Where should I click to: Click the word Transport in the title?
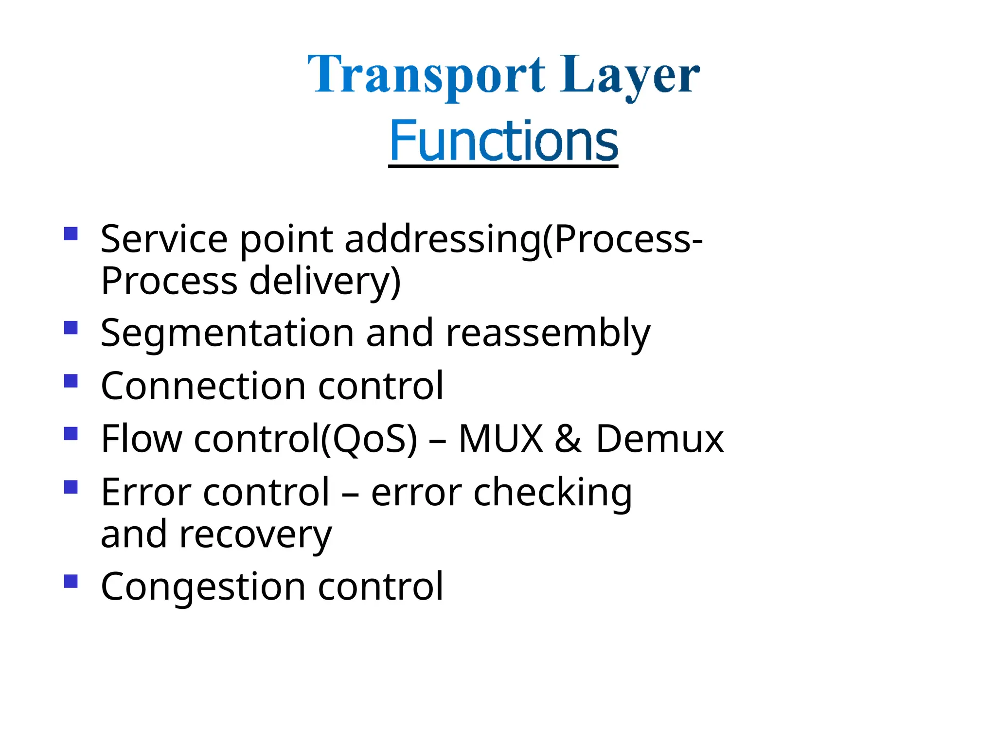tap(427, 75)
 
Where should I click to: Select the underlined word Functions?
tap(503, 141)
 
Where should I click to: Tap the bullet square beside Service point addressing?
tap(71, 234)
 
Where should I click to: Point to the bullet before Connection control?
tap(71, 380)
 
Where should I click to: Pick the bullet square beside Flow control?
tap(71, 433)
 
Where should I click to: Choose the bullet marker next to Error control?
tap(71, 487)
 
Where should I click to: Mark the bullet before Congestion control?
tap(71, 581)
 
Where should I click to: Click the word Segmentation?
tap(227, 334)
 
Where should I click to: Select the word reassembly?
tap(548, 334)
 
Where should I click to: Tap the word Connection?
tap(203, 386)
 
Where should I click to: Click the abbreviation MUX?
tap(500, 439)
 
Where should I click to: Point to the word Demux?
tap(659, 439)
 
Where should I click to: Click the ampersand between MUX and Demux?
tap(568, 439)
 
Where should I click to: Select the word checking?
tap(552, 493)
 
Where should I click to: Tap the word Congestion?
tap(203, 587)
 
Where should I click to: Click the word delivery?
tap(324, 282)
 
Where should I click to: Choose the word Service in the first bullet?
tap(164, 239)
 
